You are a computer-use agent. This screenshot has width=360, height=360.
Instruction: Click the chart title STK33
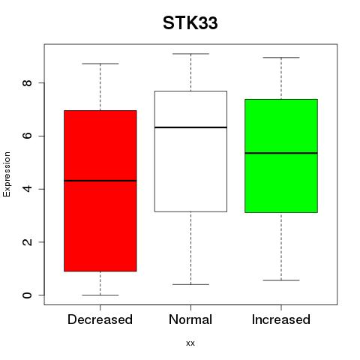pos(190,23)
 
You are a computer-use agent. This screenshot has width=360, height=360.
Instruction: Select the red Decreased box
pos(100,190)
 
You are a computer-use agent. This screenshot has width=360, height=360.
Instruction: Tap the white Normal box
pos(190,151)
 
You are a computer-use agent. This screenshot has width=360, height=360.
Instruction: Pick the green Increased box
pos(281,156)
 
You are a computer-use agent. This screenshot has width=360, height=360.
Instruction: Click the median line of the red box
pos(100,181)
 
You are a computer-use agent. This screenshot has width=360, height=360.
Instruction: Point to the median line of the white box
pos(190,127)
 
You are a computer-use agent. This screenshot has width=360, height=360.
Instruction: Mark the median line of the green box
pos(281,153)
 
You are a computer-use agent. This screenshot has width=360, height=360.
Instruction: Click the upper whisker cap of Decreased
pos(100,64)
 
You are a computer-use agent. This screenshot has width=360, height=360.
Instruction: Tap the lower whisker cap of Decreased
pos(100,295)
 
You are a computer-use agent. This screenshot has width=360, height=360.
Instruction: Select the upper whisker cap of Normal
pos(190,54)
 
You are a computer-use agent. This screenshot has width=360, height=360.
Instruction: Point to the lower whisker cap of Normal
pos(190,284)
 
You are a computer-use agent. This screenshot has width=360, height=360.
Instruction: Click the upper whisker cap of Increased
pos(281,58)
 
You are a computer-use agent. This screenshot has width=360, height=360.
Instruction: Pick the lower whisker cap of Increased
pos(281,280)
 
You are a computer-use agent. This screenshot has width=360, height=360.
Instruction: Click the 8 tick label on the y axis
pos(27,82)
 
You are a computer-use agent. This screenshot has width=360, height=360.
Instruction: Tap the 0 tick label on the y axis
pos(27,295)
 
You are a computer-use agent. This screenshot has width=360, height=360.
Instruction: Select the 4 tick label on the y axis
pos(27,189)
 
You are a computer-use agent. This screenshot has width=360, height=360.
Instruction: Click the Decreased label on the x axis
pos(100,319)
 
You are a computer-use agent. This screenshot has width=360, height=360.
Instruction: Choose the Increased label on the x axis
pos(281,319)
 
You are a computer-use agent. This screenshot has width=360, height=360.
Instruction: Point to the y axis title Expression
pos(7,174)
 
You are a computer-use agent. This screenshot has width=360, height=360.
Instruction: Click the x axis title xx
pos(190,343)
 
